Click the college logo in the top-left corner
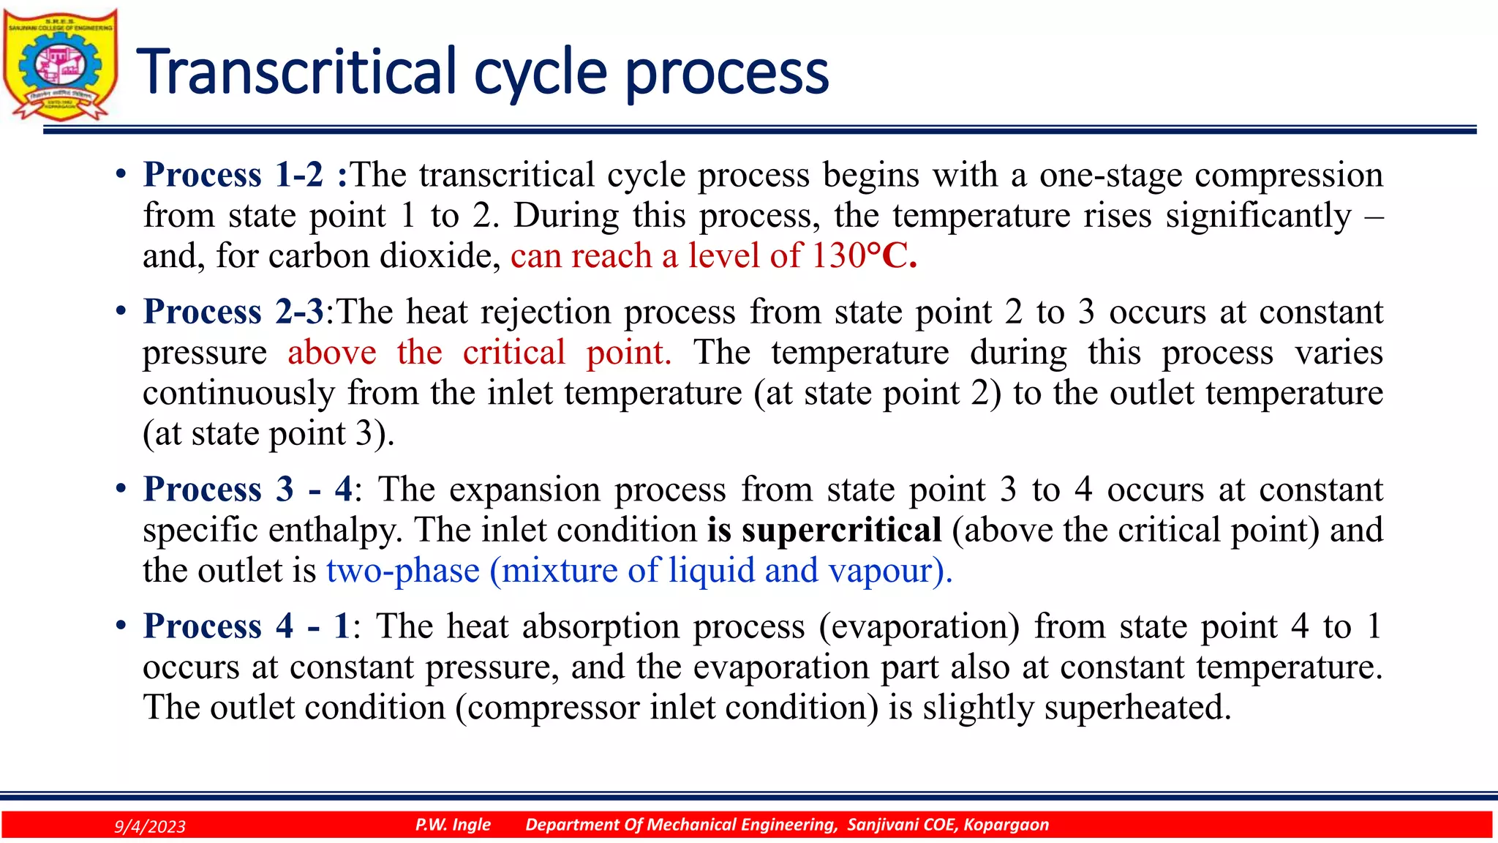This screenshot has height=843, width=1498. [x=60, y=64]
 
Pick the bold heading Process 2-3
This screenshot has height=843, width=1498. [x=233, y=312]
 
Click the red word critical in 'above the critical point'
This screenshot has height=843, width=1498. [x=513, y=353]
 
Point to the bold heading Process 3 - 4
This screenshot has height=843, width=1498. [x=247, y=489]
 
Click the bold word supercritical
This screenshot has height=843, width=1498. [x=841, y=530]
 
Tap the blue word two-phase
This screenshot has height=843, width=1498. [x=402, y=571]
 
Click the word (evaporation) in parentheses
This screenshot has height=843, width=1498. [x=919, y=627]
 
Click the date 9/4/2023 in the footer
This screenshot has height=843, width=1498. [x=150, y=826]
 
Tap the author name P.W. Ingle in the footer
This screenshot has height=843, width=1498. [x=453, y=825]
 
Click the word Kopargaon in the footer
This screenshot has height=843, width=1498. [x=1006, y=825]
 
